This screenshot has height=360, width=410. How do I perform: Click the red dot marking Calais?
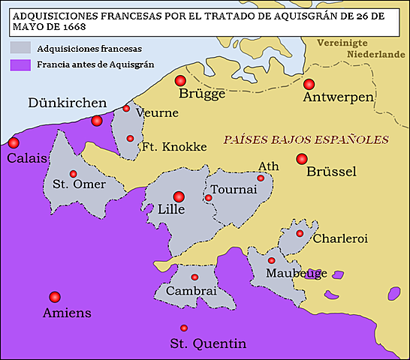coord(14,142)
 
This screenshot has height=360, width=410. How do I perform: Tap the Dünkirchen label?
coord(67,103)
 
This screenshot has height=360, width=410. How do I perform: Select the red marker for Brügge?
coord(179,81)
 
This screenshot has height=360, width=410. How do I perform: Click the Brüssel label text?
coord(331,172)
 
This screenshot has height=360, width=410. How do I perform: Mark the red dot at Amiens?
coord(54,296)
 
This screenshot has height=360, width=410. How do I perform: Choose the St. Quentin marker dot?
coord(184,328)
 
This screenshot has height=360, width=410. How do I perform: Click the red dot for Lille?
coord(179,196)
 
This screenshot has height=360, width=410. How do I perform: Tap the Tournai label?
coord(234,189)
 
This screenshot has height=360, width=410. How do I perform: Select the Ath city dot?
coord(261,178)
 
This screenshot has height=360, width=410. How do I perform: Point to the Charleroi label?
coord(339,239)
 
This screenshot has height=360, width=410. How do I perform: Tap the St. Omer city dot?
coord(73,174)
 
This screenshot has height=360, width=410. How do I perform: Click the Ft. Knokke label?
coord(174,147)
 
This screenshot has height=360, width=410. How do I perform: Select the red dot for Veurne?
coord(126,109)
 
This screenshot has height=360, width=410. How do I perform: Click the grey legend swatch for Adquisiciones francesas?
coord(20,47)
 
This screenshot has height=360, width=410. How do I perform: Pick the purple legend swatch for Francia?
coord(20,64)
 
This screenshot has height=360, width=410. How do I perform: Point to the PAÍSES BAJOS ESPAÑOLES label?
coord(306,139)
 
